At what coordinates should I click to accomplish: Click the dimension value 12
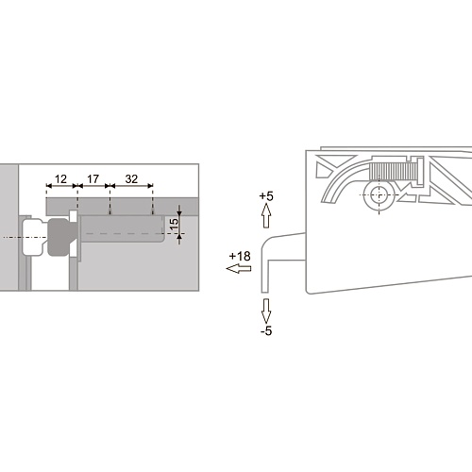pyautogui.click(x=60, y=179)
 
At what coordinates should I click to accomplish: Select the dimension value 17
pyautogui.click(x=93, y=179)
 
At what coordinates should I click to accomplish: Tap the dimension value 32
pyautogui.click(x=131, y=179)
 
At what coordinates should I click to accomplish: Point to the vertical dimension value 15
pyautogui.click(x=174, y=224)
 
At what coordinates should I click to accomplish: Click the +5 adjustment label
pyautogui.click(x=266, y=196)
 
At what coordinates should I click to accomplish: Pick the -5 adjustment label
pyautogui.click(x=266, y=331)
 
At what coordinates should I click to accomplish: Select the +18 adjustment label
pyautogui.click(x=240, y=257)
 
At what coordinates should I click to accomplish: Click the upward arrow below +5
pyautogui.click(x=266, y=215)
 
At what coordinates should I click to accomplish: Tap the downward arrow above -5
pyautogui.click(x=266, y=311)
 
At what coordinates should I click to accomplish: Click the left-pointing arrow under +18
pyautogui.click(x=239, y=269)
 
